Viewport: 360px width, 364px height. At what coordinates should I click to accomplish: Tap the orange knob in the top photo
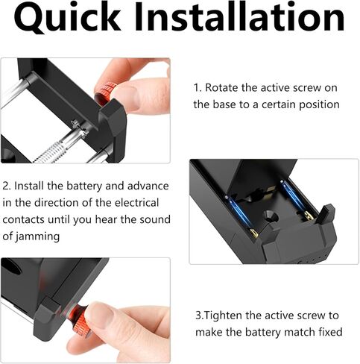click(107, 92)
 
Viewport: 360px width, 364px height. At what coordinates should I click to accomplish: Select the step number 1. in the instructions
click(198, 87)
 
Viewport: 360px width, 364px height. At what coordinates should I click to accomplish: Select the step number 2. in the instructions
click(7, 186)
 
